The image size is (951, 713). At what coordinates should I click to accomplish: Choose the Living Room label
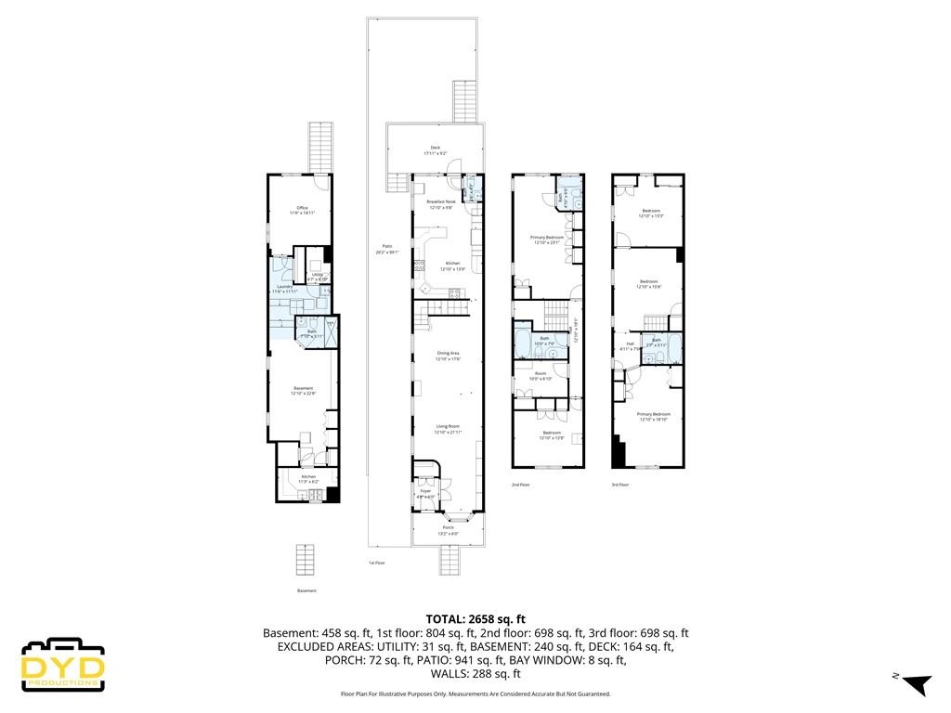pyautogui.click(x=449, y=429)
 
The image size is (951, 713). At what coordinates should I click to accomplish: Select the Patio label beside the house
pyautogui.click(x=386, y=250)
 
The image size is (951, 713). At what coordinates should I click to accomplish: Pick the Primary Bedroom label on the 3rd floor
pyautogui.click(x=655, y=416)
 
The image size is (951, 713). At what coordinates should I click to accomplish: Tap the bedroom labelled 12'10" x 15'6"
pyautogui.click(x=648, y=283)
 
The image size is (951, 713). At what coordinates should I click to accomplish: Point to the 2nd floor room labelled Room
pyautogui.click(x=540, y=376)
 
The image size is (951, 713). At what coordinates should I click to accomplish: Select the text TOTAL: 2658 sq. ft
pyautogui.click(x=475, y=618)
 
